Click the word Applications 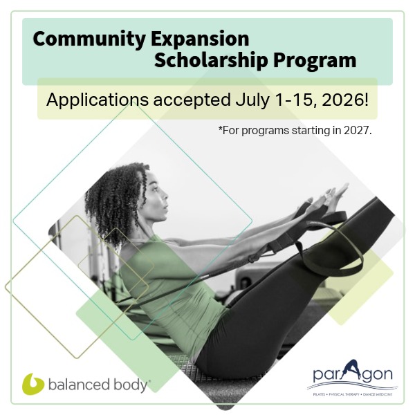pos(98,100)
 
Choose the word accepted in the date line pos(192,100)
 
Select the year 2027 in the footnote pos(358,130)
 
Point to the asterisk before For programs pos(220,128)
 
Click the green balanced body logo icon pos(33,384)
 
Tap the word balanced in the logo pos(79,385)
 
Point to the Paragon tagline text pos(352,395)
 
